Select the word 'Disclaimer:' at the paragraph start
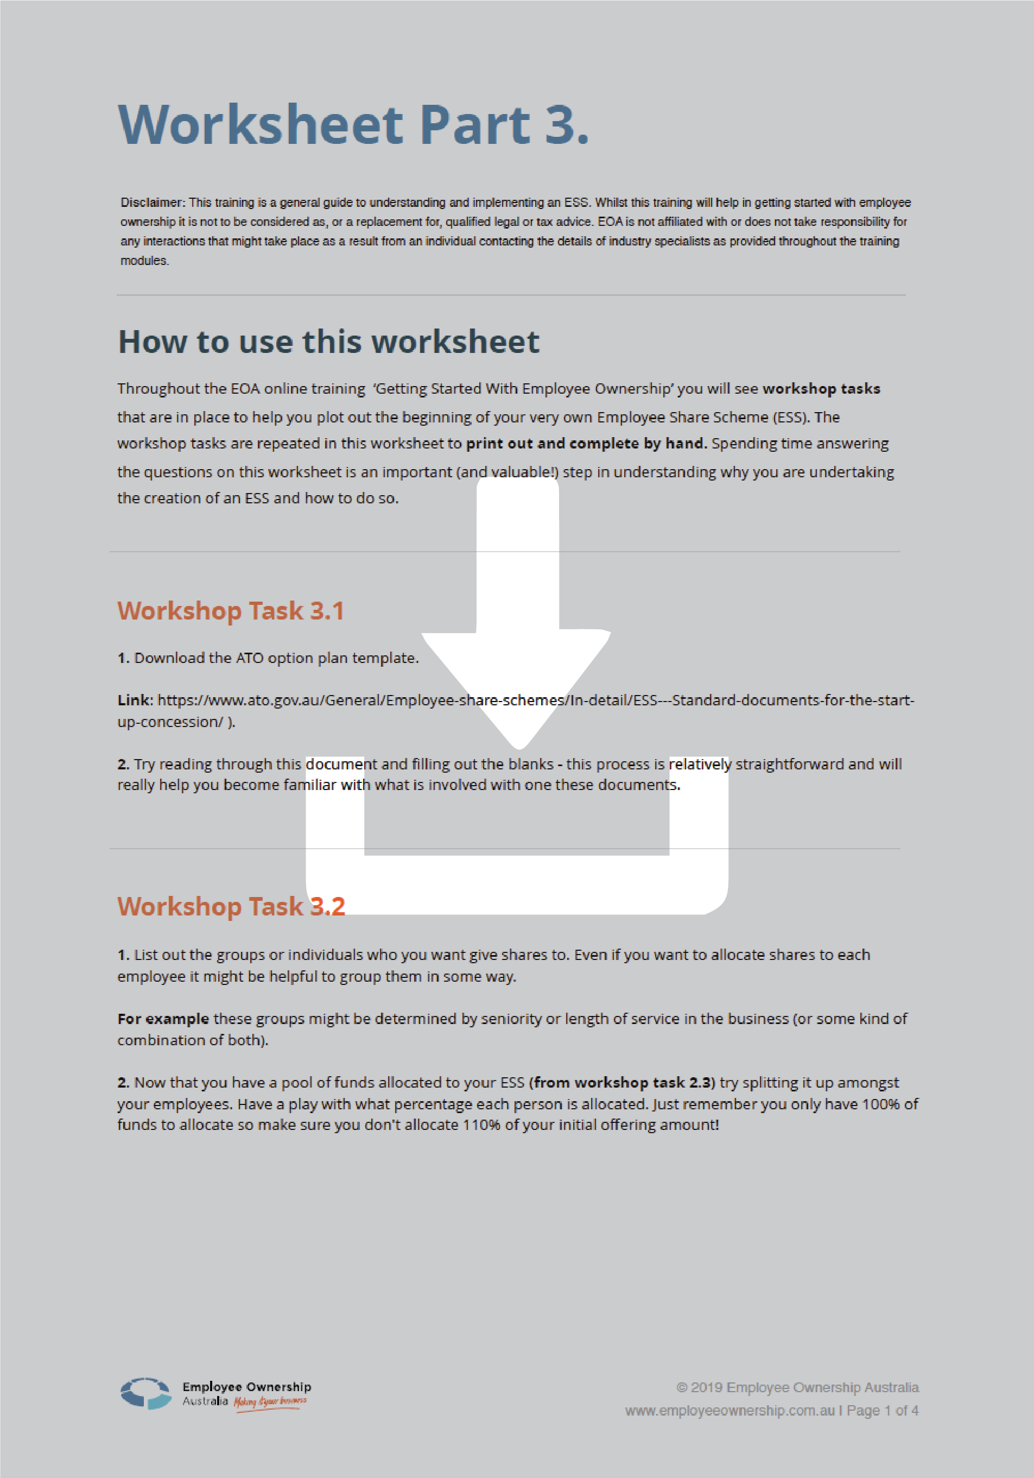(x=153, y=203)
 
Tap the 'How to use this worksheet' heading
(x=328, y=342)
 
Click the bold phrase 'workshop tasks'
(x=821, y=389)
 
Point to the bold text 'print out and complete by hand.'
(x=586, y=444)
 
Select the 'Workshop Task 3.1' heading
(x=230, y=611)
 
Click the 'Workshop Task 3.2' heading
(x=230, y=906)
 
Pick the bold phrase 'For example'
(x=163, y=1019)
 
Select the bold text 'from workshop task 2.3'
(x=621, y=1083)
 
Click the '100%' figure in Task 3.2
(x=880, y=1104)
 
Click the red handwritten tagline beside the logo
(x=270, y=1402)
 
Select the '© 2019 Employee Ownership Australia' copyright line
(x=797, y=1388)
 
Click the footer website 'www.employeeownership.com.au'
(x=729, y=1411)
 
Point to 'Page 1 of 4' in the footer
(x=882, y=1411)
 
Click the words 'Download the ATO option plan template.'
(x=276, y=658)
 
